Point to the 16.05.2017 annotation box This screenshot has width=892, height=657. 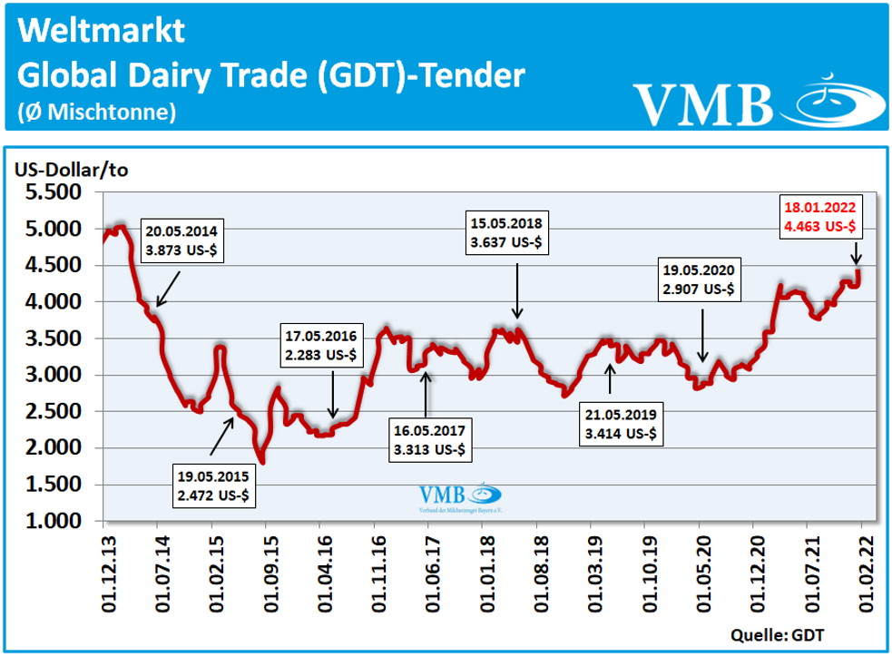point(431,439)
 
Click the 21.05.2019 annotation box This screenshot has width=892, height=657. point(622,424)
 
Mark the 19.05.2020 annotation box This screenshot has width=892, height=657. point(701,279)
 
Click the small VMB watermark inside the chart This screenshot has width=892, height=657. point(459,498)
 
